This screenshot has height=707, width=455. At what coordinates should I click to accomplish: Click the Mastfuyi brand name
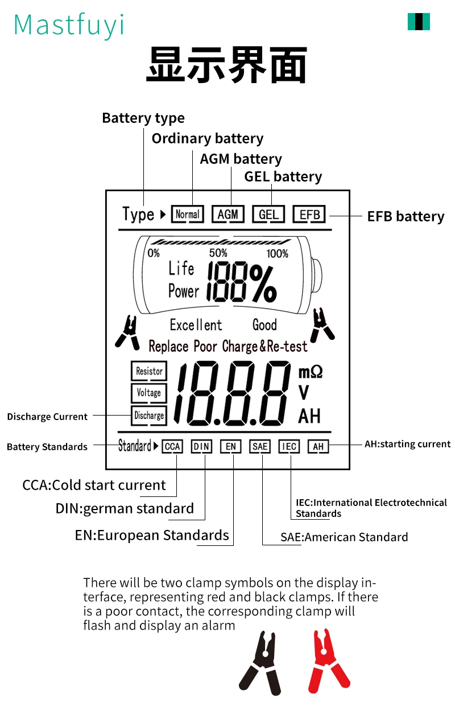68,25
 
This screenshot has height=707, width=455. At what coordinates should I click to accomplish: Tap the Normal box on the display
187,215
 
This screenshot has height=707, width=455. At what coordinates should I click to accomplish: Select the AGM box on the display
228,215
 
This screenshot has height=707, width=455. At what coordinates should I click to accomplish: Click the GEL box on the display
268,215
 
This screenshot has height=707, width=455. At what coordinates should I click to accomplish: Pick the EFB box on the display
309,215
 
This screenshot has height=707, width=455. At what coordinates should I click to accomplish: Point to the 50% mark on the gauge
218,253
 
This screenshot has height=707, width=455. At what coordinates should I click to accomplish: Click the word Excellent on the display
196,325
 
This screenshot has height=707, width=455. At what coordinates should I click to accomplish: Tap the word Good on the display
264,325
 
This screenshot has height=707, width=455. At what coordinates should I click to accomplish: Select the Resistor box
149,371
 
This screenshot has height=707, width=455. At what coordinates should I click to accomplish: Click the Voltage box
149,393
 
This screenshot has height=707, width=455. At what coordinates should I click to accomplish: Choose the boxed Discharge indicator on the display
149,416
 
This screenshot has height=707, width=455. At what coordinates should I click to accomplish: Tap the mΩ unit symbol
311,372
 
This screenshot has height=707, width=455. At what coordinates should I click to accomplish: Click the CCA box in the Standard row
172,446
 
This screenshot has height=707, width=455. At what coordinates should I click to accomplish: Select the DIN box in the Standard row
201,446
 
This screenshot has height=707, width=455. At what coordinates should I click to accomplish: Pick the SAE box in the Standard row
260,446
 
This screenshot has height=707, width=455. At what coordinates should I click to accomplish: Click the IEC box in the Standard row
289,446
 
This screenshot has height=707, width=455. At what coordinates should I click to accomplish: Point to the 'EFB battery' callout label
406,216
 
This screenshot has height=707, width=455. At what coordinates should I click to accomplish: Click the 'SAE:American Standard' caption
344,537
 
